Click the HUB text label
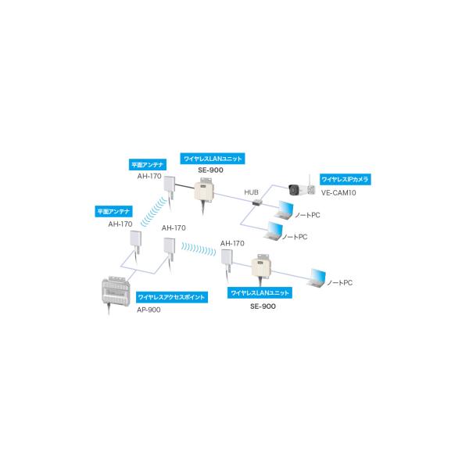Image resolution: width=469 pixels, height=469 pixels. [x=251, y=192]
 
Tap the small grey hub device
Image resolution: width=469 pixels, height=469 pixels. [x=256, y=203]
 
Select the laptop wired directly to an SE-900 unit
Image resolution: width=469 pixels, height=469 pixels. [x=317, y=277]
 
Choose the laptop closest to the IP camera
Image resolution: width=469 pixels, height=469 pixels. [x=284, y=210]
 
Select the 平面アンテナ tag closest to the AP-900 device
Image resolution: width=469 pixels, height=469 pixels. [x=113, y=211]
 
